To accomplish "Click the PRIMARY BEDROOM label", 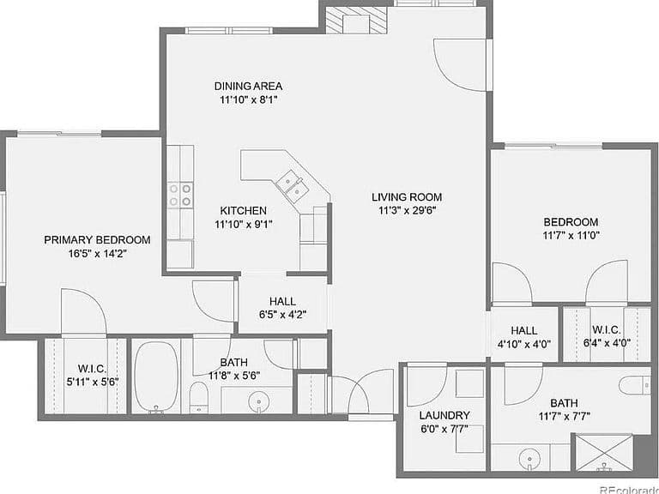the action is (x=97, y=240).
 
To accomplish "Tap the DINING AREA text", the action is (x=248, y=86).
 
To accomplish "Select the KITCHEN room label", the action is (x=244, y=210).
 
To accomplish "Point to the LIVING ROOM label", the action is (x=407, y=196).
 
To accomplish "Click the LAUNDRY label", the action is (x=444, y=415).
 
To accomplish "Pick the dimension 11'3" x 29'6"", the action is (x=407, y=210).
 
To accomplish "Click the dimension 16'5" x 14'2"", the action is (x=97, y=254).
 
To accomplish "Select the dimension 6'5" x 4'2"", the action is (x=282, y=315).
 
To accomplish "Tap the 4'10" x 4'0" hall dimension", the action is (x=524, y=344).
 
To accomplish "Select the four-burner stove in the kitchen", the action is (x=180, y=196).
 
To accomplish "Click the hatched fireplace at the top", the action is (x=355, y=20).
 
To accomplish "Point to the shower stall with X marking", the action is (x=604, y=453).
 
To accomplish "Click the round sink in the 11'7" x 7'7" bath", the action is (x=529, y=459).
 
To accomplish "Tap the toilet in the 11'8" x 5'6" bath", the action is (x=198, y=397).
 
